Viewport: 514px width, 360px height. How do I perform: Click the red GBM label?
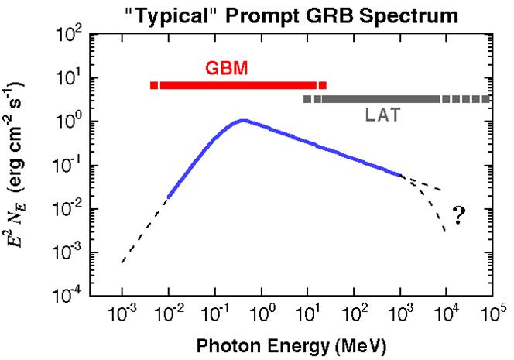click(x=227, y=67)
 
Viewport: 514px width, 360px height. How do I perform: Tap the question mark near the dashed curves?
click(x=458, y=216)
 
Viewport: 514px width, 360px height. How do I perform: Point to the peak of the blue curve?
click(x=243, y=120)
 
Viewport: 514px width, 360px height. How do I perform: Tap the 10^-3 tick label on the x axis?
click(x=123, y=314)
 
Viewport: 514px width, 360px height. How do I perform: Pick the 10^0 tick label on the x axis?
click(x=262, y=314)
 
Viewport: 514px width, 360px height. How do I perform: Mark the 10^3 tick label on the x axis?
click(x=400, y=314)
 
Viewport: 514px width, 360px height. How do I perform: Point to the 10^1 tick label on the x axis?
click(x=308, y=314)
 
